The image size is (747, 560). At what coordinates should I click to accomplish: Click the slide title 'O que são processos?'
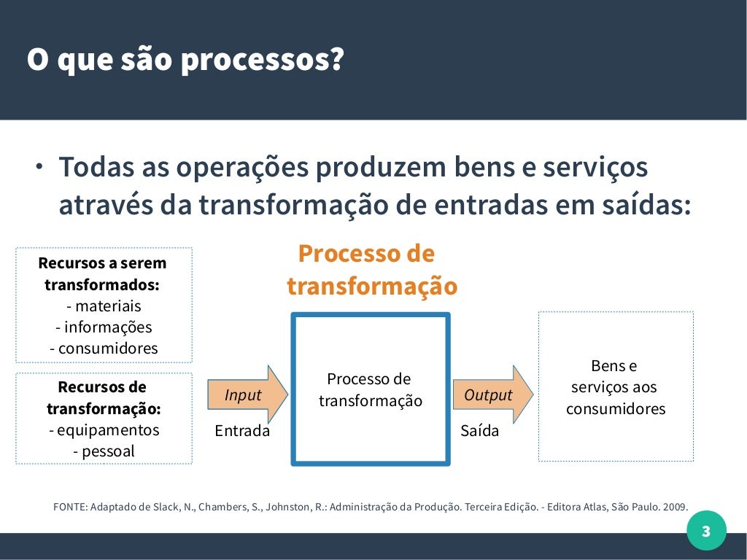click(x=185, y=61)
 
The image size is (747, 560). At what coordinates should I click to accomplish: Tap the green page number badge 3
click(x=705, y=531)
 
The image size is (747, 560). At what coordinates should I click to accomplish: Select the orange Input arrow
click(x=247, y=394)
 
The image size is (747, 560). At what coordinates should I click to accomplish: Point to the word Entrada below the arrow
click(x=242, y=431)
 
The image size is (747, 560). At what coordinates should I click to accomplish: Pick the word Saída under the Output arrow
click(x=480, y=431)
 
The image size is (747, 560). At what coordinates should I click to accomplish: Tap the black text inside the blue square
click(x=370, y=390)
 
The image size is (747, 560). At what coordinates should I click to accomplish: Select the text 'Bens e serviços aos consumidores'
click(x=615, y=387)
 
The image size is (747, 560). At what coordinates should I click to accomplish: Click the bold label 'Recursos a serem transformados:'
click(x=103, y=273)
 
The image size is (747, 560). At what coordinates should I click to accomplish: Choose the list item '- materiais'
click(x=104, y=306)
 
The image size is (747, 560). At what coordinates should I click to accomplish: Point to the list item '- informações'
click(x=104, y=327)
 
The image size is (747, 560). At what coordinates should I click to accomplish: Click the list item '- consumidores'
click(x=104, y=349)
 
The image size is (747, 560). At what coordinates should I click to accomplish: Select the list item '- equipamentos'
click(x=104, y=430)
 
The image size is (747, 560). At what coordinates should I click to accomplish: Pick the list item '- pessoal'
click(x=104, y=451)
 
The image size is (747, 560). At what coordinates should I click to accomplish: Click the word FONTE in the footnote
click(x=69, y=507)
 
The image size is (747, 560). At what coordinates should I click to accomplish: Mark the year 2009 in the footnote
click(x=674, y=507)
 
